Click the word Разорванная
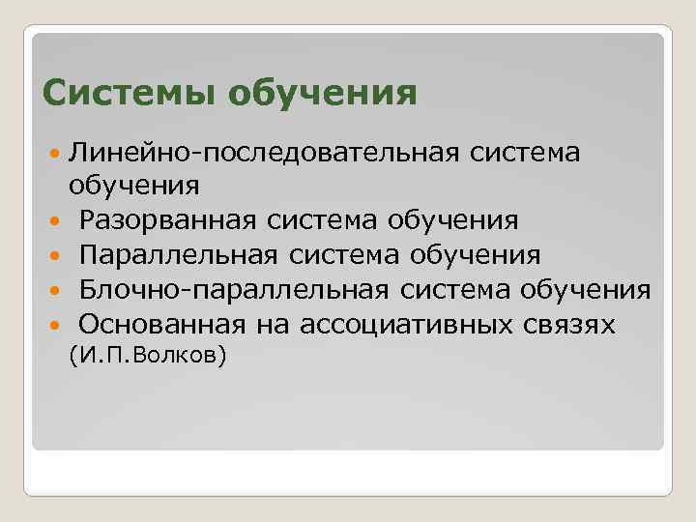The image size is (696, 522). tap(168, 220)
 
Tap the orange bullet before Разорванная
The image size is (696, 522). tap(52, 221)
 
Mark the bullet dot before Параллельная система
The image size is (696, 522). tap(52, 256)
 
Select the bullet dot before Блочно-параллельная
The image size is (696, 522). tap(52, 290)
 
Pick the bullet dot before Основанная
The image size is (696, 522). tap(52, 324)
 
